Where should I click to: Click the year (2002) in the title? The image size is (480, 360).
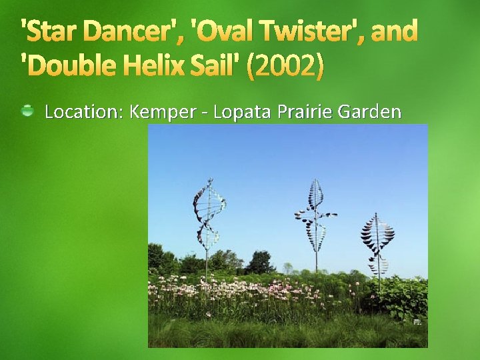[x=285, y=66]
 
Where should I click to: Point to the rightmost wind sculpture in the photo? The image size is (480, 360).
[x=377, y=240]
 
